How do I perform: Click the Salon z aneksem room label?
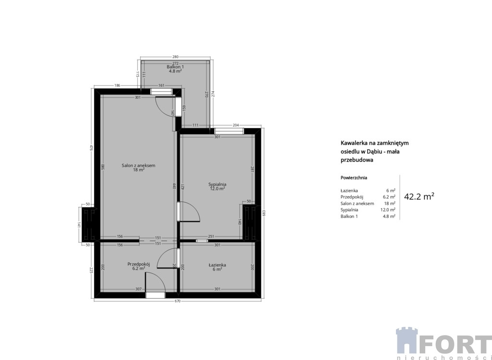(138, 166)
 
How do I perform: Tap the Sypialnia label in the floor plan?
(217, 184)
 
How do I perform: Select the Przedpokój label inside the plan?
(138, 264)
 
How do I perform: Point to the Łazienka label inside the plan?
(217, 265)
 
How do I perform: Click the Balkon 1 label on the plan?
(175, 67)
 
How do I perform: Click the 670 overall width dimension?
(178, 301)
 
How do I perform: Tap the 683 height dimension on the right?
(264, 213)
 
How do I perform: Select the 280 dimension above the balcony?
(175, 57)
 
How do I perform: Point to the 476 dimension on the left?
(91, 148)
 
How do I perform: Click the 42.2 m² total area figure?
(419, 197)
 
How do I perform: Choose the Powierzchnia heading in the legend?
(354, 178)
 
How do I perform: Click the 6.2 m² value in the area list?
(389, 197)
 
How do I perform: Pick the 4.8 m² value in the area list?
(389, 216)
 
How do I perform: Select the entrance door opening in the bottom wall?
(155, 295)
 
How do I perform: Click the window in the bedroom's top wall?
(229, 131)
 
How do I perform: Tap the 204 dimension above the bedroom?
(235, 125)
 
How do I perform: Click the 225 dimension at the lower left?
(91, 270)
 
